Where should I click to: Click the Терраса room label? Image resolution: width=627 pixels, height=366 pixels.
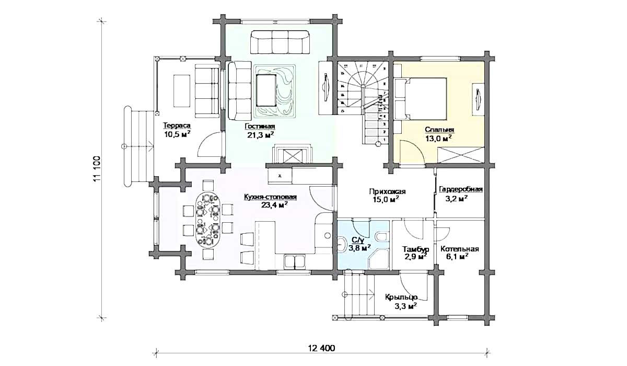[x=177, y=125]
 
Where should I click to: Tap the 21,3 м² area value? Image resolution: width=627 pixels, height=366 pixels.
[x=260, y=135]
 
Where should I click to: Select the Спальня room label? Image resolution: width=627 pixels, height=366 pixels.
[x=439, y=130]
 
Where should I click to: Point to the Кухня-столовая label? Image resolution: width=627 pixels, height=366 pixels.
[x=270, y=197]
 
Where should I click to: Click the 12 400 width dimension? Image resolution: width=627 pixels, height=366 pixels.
[x=322, y=348]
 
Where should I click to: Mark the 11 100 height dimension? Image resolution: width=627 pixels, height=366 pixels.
[x=97, y=168]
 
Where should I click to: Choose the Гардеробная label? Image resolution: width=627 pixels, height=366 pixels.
[x=461, y=189]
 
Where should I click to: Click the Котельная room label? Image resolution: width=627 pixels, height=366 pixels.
[x=460, y=249]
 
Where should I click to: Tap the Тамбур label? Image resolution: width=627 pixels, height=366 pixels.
[x=416, y=249]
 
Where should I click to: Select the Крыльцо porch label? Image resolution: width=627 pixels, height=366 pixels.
[x=401, y=297]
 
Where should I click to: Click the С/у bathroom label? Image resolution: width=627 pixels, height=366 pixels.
[x=357, y=240]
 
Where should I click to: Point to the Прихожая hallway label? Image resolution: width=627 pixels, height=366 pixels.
[x=387, y=191]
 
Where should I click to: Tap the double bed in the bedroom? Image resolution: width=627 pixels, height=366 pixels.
[x=420, y=99]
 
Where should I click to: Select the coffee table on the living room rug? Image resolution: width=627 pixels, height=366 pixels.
[x=266, y=90]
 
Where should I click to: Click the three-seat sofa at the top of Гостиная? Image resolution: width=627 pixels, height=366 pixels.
[x=280, y=42]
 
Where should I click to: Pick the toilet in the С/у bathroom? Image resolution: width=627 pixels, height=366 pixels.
[x=381, y=237]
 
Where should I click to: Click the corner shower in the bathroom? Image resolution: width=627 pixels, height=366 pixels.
[x=378, y=259]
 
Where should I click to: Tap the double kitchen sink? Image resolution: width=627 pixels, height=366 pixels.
[x=295, y=261]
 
